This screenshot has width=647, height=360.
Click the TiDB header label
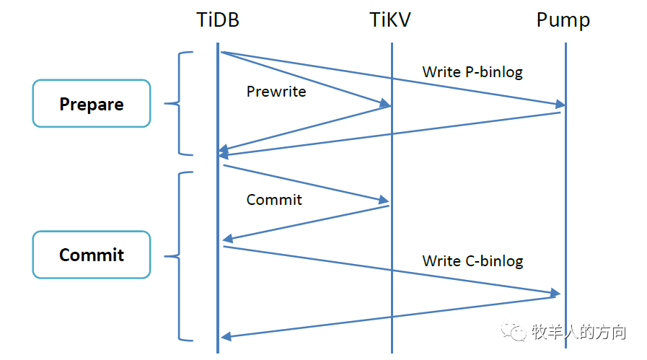(217, 19)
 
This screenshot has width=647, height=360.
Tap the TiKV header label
(390, 19)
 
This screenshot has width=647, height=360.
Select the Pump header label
(563, 19)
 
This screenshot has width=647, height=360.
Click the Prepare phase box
(92, 104)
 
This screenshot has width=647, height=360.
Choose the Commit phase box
(92, 255)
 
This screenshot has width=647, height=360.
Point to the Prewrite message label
(276, 92)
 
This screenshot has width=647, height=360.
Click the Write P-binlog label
(472, 72)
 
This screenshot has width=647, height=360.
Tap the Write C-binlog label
(472, 260)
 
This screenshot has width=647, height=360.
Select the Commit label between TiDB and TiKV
(274, 200)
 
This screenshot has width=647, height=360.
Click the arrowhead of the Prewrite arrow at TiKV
(385, 106)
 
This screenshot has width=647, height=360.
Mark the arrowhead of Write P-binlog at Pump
(560, 105)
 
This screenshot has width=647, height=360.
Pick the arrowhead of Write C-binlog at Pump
(555, 293)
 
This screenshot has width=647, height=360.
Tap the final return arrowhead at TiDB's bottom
(226, 336)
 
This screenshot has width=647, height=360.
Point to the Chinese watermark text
(578, 332)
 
